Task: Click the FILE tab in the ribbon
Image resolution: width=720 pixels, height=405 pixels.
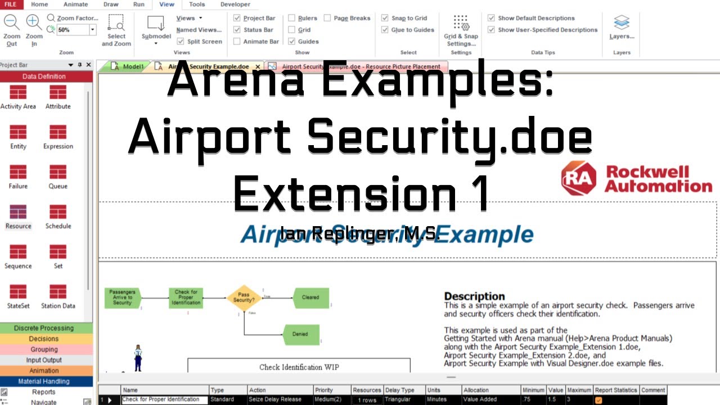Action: click(11, 4)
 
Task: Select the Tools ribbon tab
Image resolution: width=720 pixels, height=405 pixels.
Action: click(197, 4)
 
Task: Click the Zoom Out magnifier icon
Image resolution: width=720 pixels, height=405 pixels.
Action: click(12, 23)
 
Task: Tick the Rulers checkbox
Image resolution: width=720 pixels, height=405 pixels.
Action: click(292, 18)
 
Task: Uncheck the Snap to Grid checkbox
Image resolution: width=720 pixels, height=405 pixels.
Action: click(385, 18)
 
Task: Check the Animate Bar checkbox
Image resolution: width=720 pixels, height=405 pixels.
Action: click(237, 41)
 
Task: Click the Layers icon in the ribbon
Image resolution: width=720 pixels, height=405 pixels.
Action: click(622, 23)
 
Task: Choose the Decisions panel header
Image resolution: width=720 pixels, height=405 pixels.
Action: click(44, 339)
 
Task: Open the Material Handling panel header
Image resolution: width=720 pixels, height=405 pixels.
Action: click(44, 381)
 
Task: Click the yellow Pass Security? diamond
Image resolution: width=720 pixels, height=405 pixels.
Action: click(244, 298)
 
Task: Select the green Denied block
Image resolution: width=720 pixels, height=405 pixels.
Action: click(300, 334)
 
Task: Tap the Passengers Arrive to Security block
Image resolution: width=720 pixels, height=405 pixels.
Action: click(123, 298)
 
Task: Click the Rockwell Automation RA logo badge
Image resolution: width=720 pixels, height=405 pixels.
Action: click(579, 178)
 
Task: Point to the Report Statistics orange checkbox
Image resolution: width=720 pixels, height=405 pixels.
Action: click(598, 400)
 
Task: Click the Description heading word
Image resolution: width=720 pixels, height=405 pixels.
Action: click(474, 296)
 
